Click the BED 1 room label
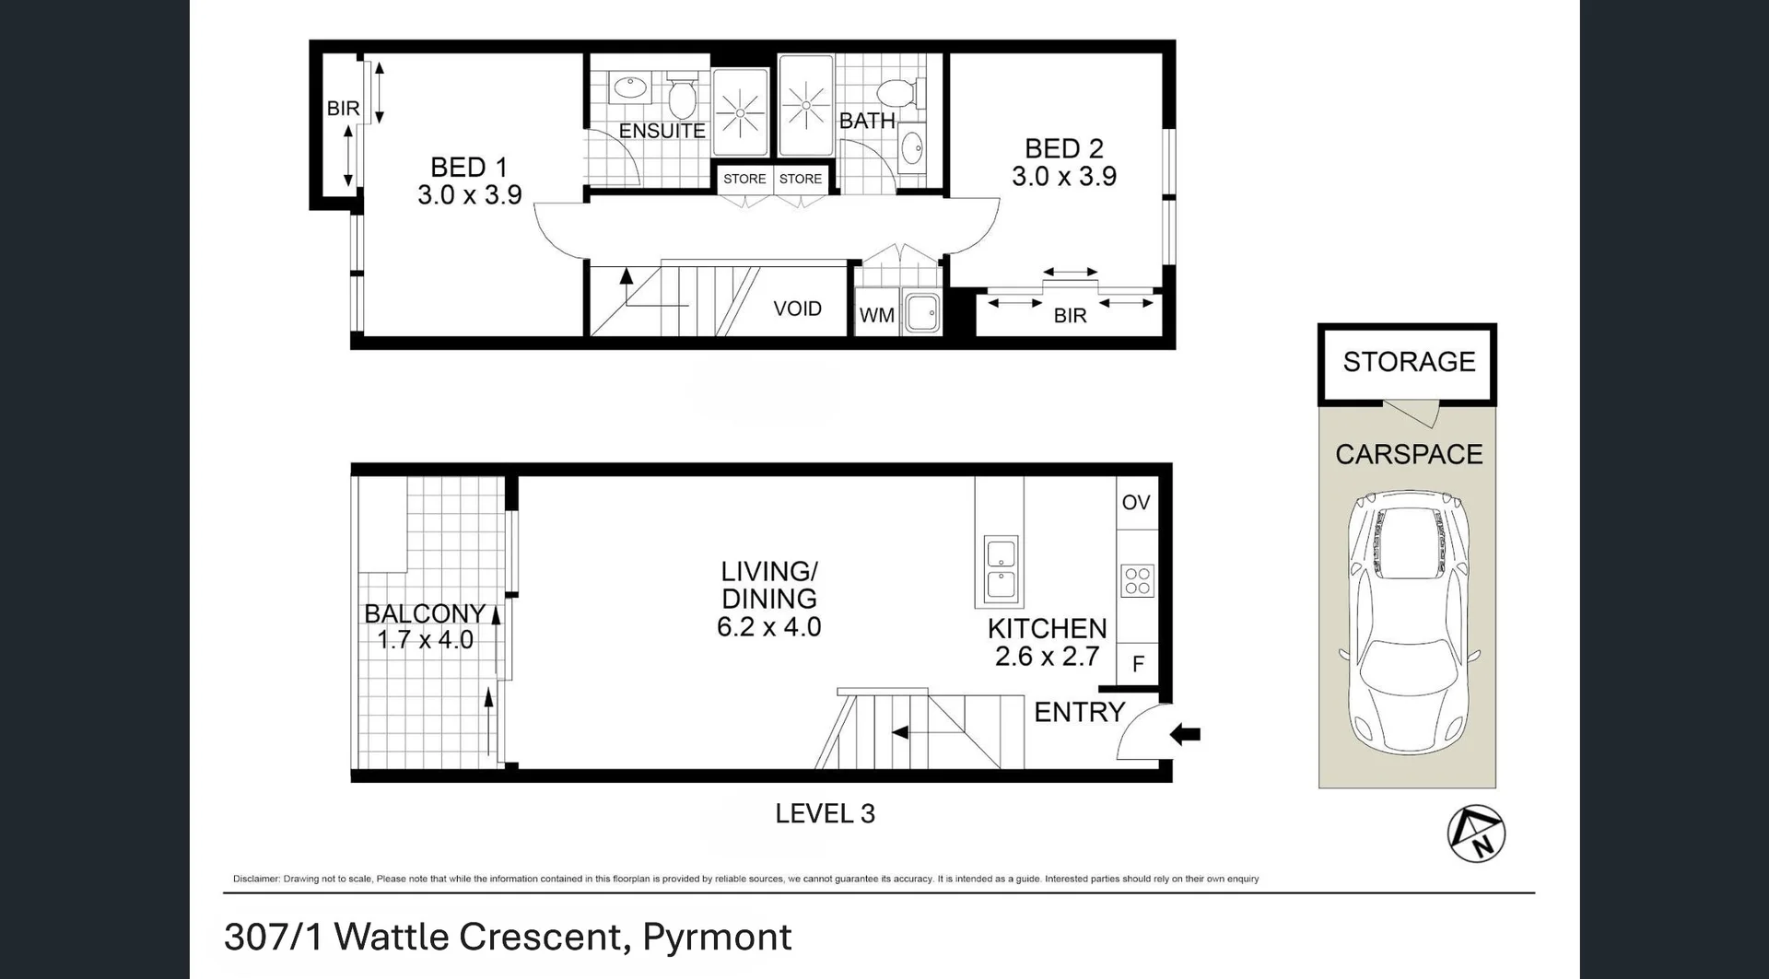coord(468,168)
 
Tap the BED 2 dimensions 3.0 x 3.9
coord(1063,177)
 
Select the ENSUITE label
coord(662,132)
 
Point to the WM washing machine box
coord(876,315)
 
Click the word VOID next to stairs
coord(797,309)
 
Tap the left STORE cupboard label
coord(744,179)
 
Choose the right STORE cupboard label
coord(800,179)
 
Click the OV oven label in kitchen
coord(1136,503)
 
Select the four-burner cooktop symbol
coord(1137,580)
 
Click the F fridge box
coord(1138,664)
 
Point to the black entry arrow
coord(1185,734)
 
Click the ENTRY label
coord(1079,712)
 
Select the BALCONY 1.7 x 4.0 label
coord(425,626)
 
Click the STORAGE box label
coord(1408,362)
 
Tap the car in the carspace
coord(1408,622)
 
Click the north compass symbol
coord(1476,833)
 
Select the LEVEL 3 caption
coord(825,813)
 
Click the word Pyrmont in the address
coord(716,937)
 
